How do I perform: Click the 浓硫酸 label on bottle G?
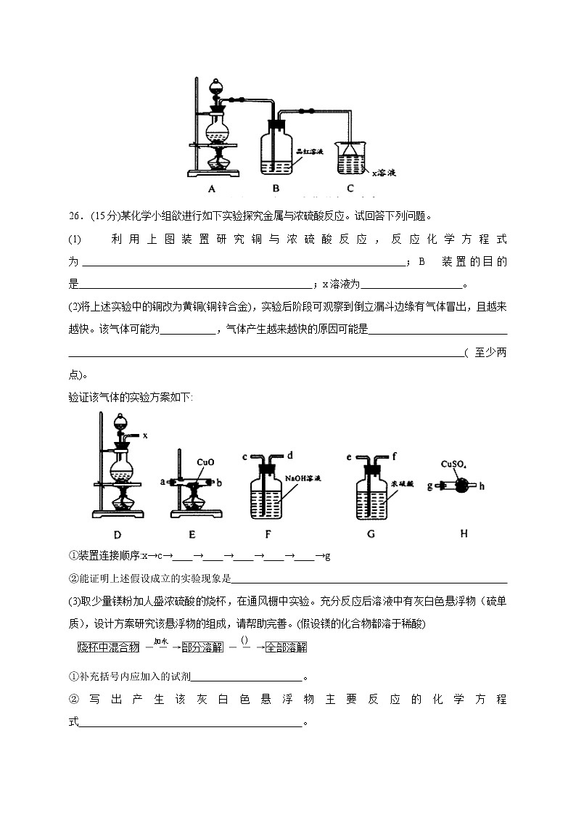402,482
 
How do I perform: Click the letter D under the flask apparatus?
116,533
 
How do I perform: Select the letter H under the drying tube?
464,533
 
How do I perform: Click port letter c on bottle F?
244,456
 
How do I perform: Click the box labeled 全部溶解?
287,646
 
